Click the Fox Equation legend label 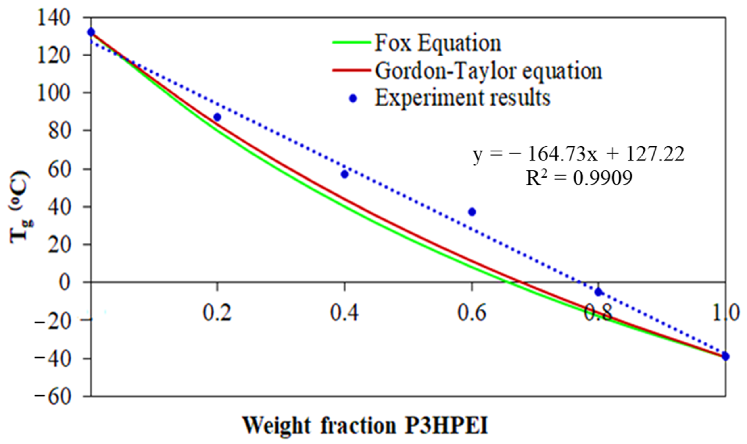coord(438,43)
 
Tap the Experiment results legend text coord(462,98)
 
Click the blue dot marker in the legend coord(353,98)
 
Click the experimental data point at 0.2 coord(218,117)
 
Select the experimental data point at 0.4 coord(344,174)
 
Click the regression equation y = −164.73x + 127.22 coord(578,155)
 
